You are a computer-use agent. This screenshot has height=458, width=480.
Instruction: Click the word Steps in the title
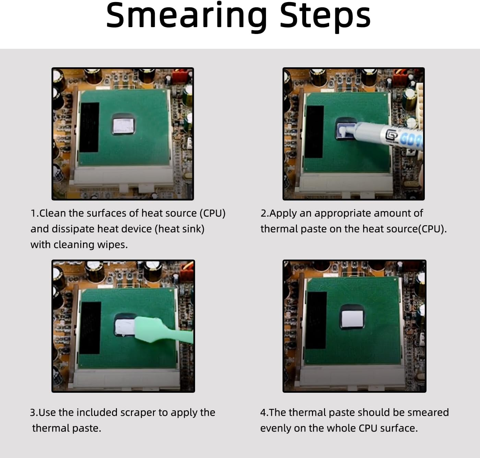325,16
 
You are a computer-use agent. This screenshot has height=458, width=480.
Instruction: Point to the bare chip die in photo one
124,126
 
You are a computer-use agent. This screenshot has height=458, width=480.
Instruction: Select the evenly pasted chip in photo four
352,319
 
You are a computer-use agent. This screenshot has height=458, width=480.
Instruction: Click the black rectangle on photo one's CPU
89,127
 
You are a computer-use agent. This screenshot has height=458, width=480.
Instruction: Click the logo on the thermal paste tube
392,135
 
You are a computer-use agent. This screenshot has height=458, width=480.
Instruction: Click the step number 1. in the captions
35,213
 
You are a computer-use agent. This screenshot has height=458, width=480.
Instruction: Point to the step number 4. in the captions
265,413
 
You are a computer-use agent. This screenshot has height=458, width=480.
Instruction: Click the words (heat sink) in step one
179,229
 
